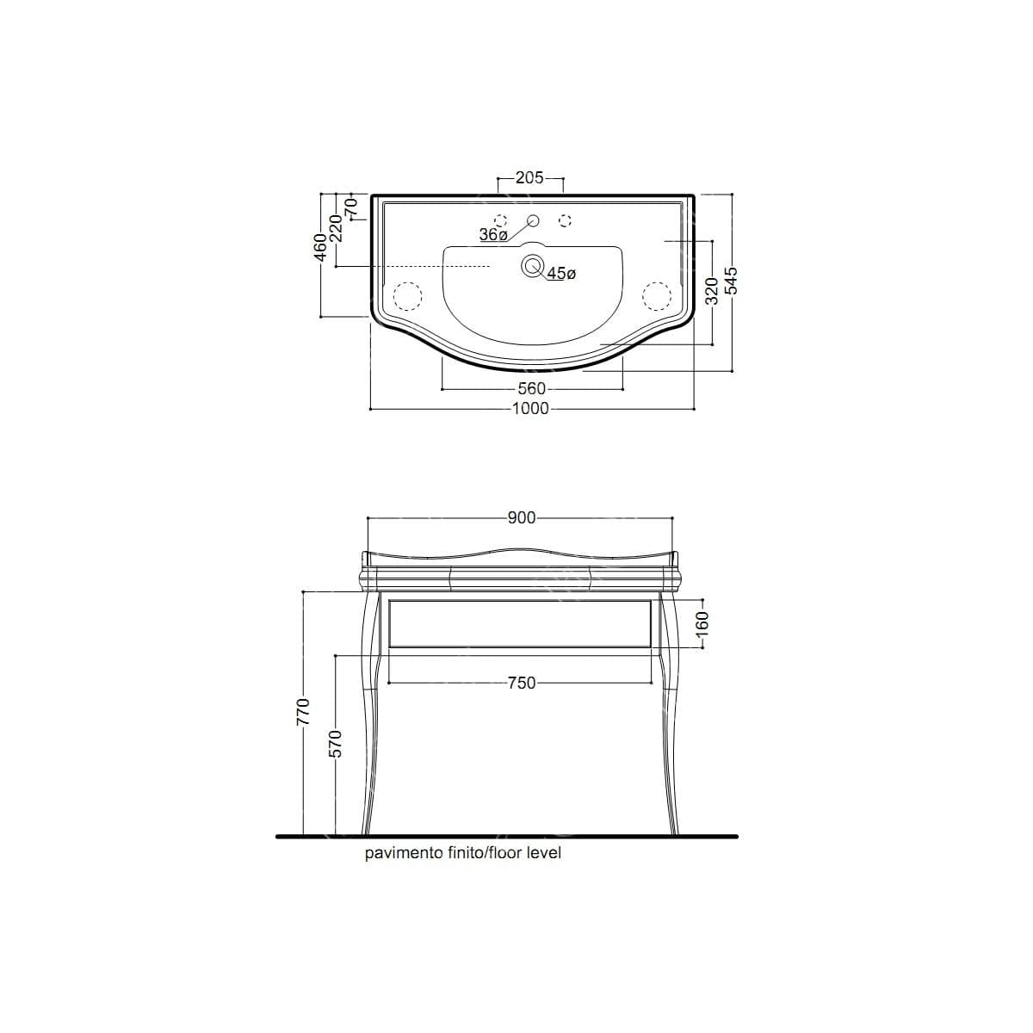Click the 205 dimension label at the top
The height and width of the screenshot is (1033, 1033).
[x=529, y=177]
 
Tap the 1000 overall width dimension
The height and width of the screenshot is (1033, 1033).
[x=531, y=409]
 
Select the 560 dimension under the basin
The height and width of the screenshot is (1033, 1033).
[x=532, y=388]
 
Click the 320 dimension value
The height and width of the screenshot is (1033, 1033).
[x=711, y=291]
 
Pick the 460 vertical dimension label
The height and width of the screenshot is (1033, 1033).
[x=320, y=247]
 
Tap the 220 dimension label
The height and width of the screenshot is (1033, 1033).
[x=336, y=228]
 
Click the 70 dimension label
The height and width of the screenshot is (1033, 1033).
[x=350, y=207]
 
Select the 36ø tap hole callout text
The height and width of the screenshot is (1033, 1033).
[x=493, y=235]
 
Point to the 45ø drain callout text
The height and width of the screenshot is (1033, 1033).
[x=561, y=274]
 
